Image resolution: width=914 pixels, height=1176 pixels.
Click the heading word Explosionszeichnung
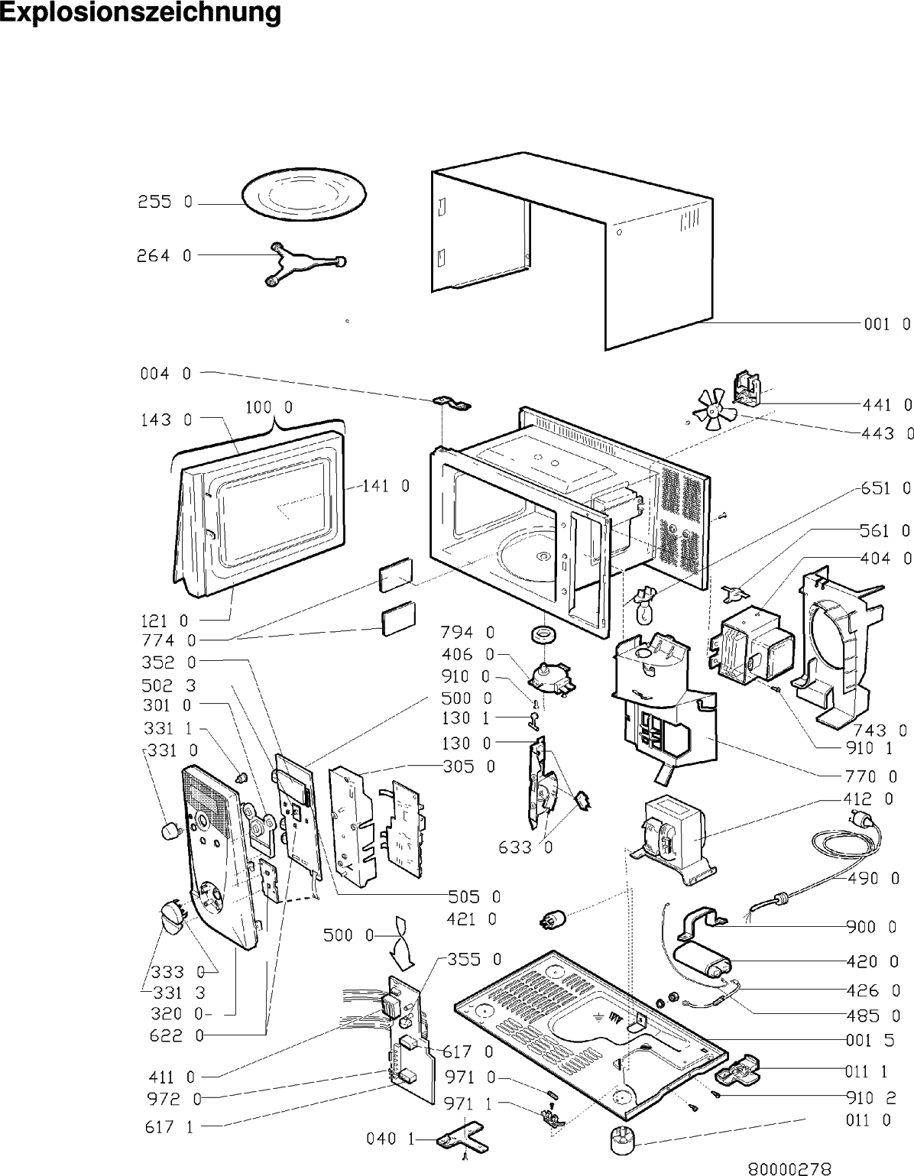pos(141,13)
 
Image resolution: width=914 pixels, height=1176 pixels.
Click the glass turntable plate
pos(304,196)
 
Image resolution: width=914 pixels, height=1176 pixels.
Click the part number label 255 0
pos(165,203)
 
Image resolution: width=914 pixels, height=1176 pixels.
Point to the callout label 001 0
pos(886,324)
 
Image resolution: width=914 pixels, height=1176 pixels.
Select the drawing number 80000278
pos(789,1168)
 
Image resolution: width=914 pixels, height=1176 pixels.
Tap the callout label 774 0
pos(168,640)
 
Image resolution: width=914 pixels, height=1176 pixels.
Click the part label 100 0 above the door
pos(267,407)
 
